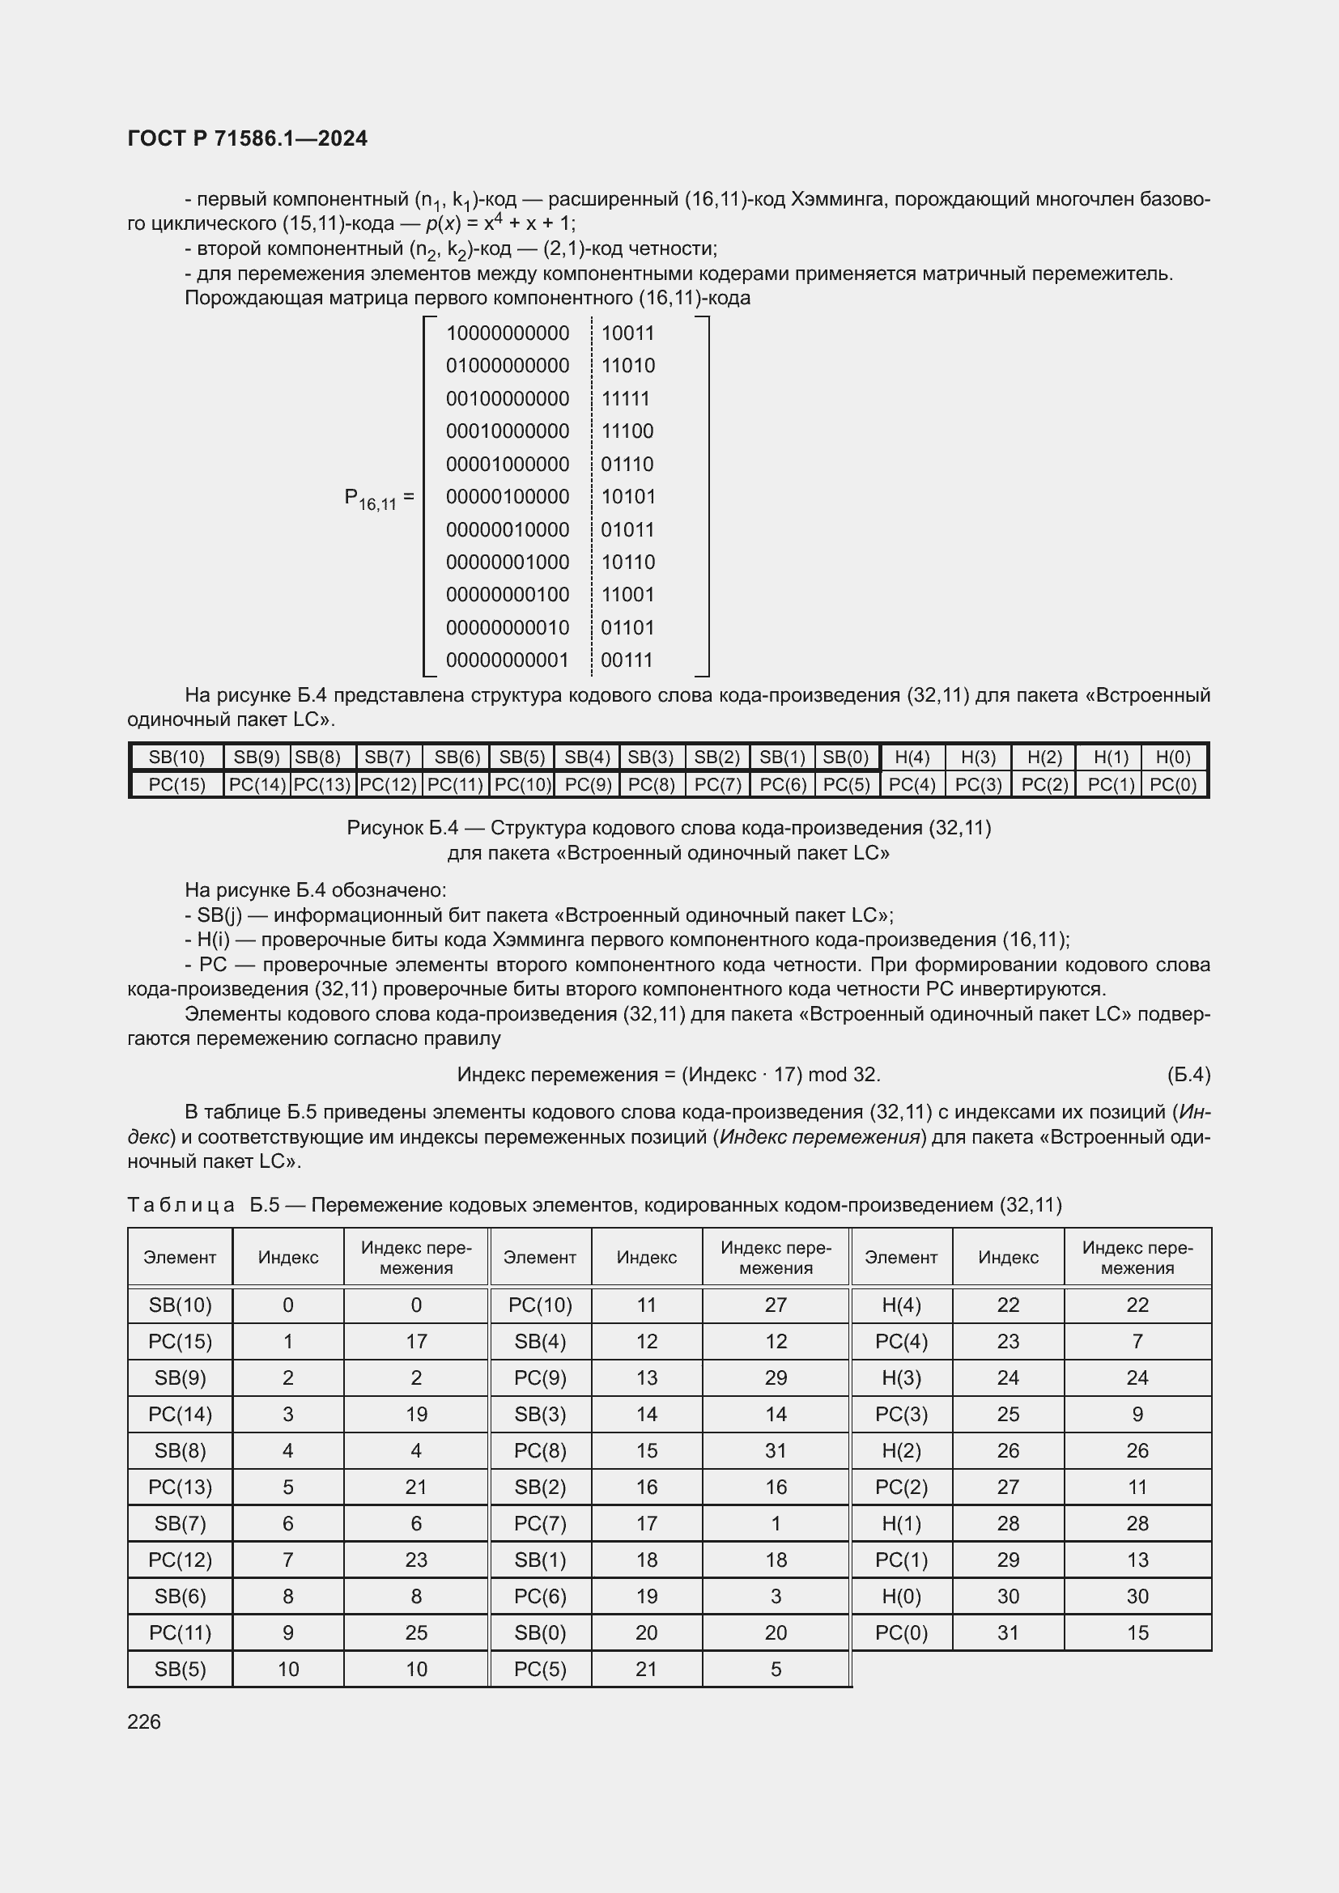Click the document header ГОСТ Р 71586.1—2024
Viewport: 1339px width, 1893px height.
coord(248,138)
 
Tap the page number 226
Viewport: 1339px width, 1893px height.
coord(144,1721)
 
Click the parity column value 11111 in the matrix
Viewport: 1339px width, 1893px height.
coord(625,398)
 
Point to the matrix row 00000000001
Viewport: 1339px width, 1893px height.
coord(507,660)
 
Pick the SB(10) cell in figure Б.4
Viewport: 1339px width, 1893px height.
coord(176,757)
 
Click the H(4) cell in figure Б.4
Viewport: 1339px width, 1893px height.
coord(912,757)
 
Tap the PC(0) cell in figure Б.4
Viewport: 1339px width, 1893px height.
coord(1172,784)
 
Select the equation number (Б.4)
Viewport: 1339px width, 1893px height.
coord(1188,1074)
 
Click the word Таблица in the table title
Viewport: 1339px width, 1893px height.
coord(181,1204)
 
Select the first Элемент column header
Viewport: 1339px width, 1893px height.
coord(180,1257)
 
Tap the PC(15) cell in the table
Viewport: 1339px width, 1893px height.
coord(180,1341)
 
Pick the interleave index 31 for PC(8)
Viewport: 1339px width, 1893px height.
coord(775,1450)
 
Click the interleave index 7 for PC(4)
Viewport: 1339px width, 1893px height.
coord(1137,1341)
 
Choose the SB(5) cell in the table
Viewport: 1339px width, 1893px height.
coord(180,1669)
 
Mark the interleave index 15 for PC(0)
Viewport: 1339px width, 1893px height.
coord(1137,1632)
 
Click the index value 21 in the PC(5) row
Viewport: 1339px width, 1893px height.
coord(646,1669)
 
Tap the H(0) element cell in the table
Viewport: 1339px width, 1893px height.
coord(901,1596)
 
